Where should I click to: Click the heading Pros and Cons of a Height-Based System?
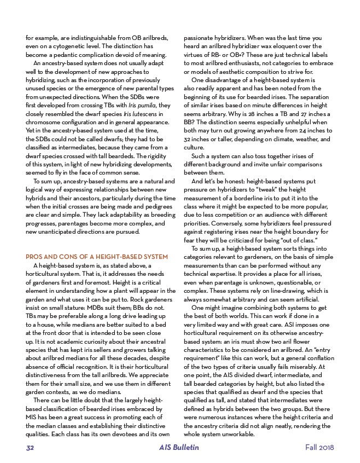(x=89, y=257)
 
